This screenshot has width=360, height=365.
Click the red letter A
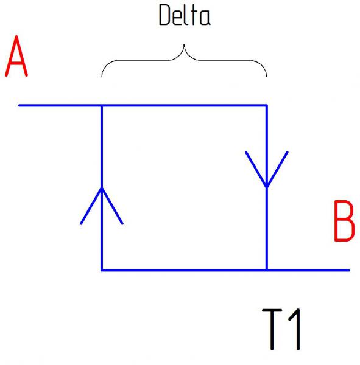pos(16,56)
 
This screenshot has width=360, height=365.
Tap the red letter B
pos(344,221)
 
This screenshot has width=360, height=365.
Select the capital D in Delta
pos(164,15)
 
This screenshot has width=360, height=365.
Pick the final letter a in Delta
pos(205,18)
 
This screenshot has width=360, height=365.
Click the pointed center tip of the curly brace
pos(184,44)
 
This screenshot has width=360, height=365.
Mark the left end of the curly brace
pos(102,77)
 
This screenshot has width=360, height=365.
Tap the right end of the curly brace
pos(266,77)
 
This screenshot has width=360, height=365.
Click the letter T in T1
pos(272,329)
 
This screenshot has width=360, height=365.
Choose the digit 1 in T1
pos(295,329)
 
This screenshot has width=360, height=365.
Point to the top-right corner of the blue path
pos(267,106)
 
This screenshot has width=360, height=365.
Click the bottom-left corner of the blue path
pos(102,270)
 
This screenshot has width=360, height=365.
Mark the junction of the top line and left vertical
pos(102,106)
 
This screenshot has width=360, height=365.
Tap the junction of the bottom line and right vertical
pos(267,270)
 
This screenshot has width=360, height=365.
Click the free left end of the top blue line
pos(19,106)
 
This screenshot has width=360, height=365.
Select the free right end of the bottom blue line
pos(349,270)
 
